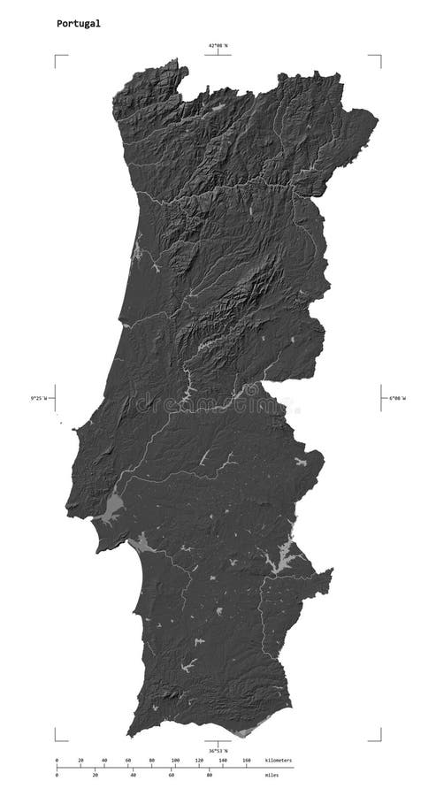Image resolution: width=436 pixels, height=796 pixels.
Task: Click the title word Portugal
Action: [79, 24]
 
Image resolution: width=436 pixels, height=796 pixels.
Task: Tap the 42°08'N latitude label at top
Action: [218, 45]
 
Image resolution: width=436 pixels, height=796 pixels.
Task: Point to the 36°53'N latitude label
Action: [218, 752]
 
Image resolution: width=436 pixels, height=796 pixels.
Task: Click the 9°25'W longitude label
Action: [40, 398]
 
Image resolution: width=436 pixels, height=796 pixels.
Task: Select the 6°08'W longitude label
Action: [397, 398]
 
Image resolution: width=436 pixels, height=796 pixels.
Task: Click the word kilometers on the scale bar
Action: [278, 760]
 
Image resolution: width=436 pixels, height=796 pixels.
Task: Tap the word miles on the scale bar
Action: [270, 776]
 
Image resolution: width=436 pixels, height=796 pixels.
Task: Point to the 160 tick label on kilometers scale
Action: [247, 760]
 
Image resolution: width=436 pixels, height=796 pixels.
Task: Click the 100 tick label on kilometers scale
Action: [175, 760]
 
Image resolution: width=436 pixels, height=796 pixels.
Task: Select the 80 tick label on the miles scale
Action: [209, 776]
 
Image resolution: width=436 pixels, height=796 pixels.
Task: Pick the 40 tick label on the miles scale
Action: [133, 776]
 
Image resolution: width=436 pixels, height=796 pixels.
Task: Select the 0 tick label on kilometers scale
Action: [57, 760]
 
